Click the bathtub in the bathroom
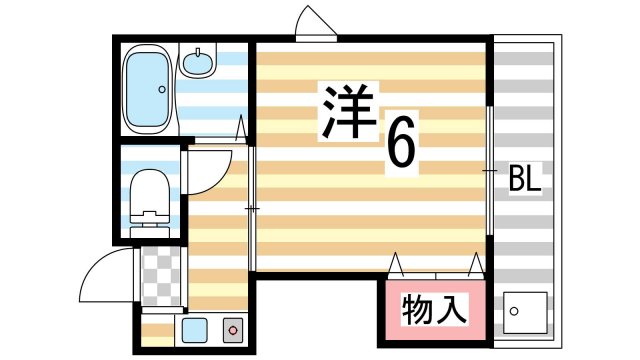147,90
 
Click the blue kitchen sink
194,329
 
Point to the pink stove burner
233,329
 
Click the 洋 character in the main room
345,110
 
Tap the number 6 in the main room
399,148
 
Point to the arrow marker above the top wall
312,23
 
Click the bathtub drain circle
161,89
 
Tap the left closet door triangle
396,264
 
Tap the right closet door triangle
475,264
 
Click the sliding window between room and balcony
490,172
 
